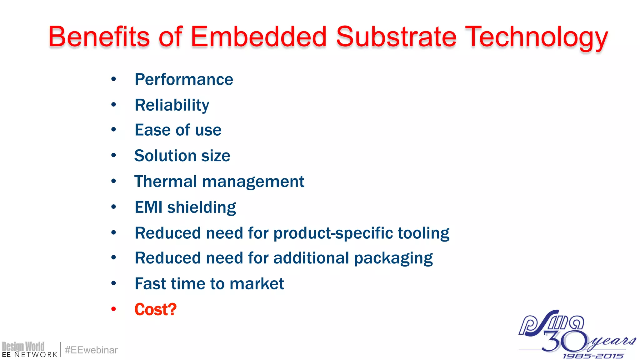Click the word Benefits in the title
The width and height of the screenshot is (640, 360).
coord(99,37)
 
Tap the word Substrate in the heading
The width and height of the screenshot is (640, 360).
coord(396,37)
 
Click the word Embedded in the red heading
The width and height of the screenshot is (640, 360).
coord(258,37)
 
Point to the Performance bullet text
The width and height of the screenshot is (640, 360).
coord(184,80)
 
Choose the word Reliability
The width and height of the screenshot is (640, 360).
coord(172,105)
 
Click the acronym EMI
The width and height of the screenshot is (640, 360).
coord(148,207)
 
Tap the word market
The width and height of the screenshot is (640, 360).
coord(257,284)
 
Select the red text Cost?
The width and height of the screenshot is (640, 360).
coord(155,309)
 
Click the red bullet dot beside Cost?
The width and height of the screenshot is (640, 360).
coord(113,309)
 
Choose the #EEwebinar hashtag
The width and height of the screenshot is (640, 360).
coord(91,350)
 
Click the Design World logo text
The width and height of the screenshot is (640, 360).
coord(23,347)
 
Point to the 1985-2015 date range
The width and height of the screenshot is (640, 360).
coord(593,356)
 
